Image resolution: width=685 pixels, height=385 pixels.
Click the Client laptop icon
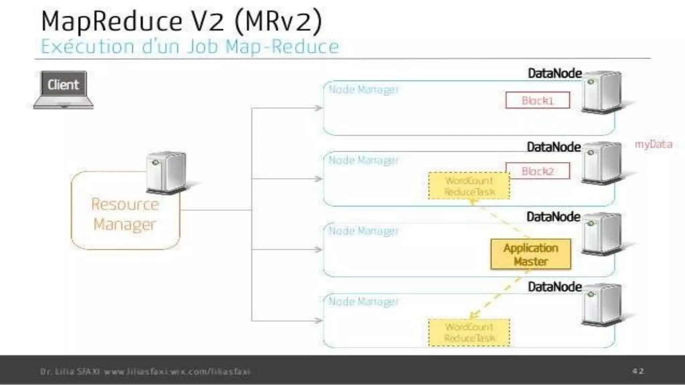pyautogui.click(x=64, y=89)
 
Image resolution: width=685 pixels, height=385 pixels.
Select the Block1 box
pyautogui.click(x=537, y=100)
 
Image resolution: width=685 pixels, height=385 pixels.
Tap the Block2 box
pyautogui.click(x=537, y=171)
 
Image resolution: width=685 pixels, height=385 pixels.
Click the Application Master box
pyautogui.click(x=530, y=254)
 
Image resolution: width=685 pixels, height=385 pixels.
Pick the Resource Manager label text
pyautogui.click(x=125, y=214)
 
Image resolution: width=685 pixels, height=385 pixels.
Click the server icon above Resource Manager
pyautogui.click(x=166, y=172)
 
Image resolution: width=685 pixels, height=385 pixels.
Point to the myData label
pyautogui.click(x=653, y=144)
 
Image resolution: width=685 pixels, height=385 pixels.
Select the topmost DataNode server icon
pyautogui.click(x=601, y=91)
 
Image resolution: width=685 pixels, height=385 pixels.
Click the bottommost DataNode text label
pyautogui.click(x=555, y=287)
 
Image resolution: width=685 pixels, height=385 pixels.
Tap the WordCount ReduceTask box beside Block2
pyautogui.click(x=469, y=186)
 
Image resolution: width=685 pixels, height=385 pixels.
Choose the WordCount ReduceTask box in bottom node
pyautogui.click(x=469, y=332)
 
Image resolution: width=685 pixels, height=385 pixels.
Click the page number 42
pyautogui.click(x=638, y=371)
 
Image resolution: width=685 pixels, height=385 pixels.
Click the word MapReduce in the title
pyautogui.click(x=112, y=21)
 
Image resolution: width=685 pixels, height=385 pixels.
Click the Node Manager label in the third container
pyautogui.click(x=364, y=231)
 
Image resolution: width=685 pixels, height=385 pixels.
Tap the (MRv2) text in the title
pyautogui.click(x=278, y=21)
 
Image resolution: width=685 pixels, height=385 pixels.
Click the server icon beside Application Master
pyautogui.click(x=601, y=233)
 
